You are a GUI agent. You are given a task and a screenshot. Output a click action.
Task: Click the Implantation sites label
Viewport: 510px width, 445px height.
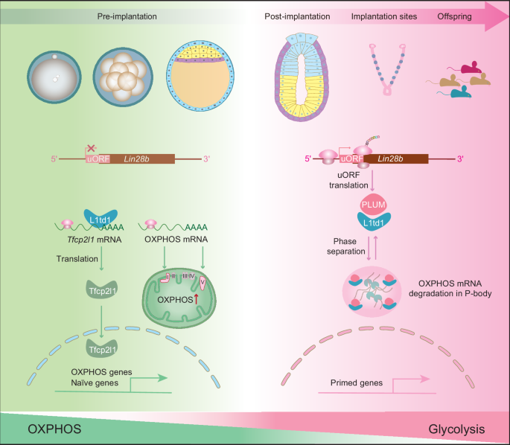coord(385,16)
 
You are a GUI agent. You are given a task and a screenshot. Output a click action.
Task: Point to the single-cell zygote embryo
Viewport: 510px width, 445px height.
coord(53,81)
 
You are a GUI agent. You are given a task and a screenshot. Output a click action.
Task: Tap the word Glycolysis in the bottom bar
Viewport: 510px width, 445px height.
coord(456,429)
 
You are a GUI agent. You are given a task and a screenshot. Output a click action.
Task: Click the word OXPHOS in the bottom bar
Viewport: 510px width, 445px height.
coord(55,429)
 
